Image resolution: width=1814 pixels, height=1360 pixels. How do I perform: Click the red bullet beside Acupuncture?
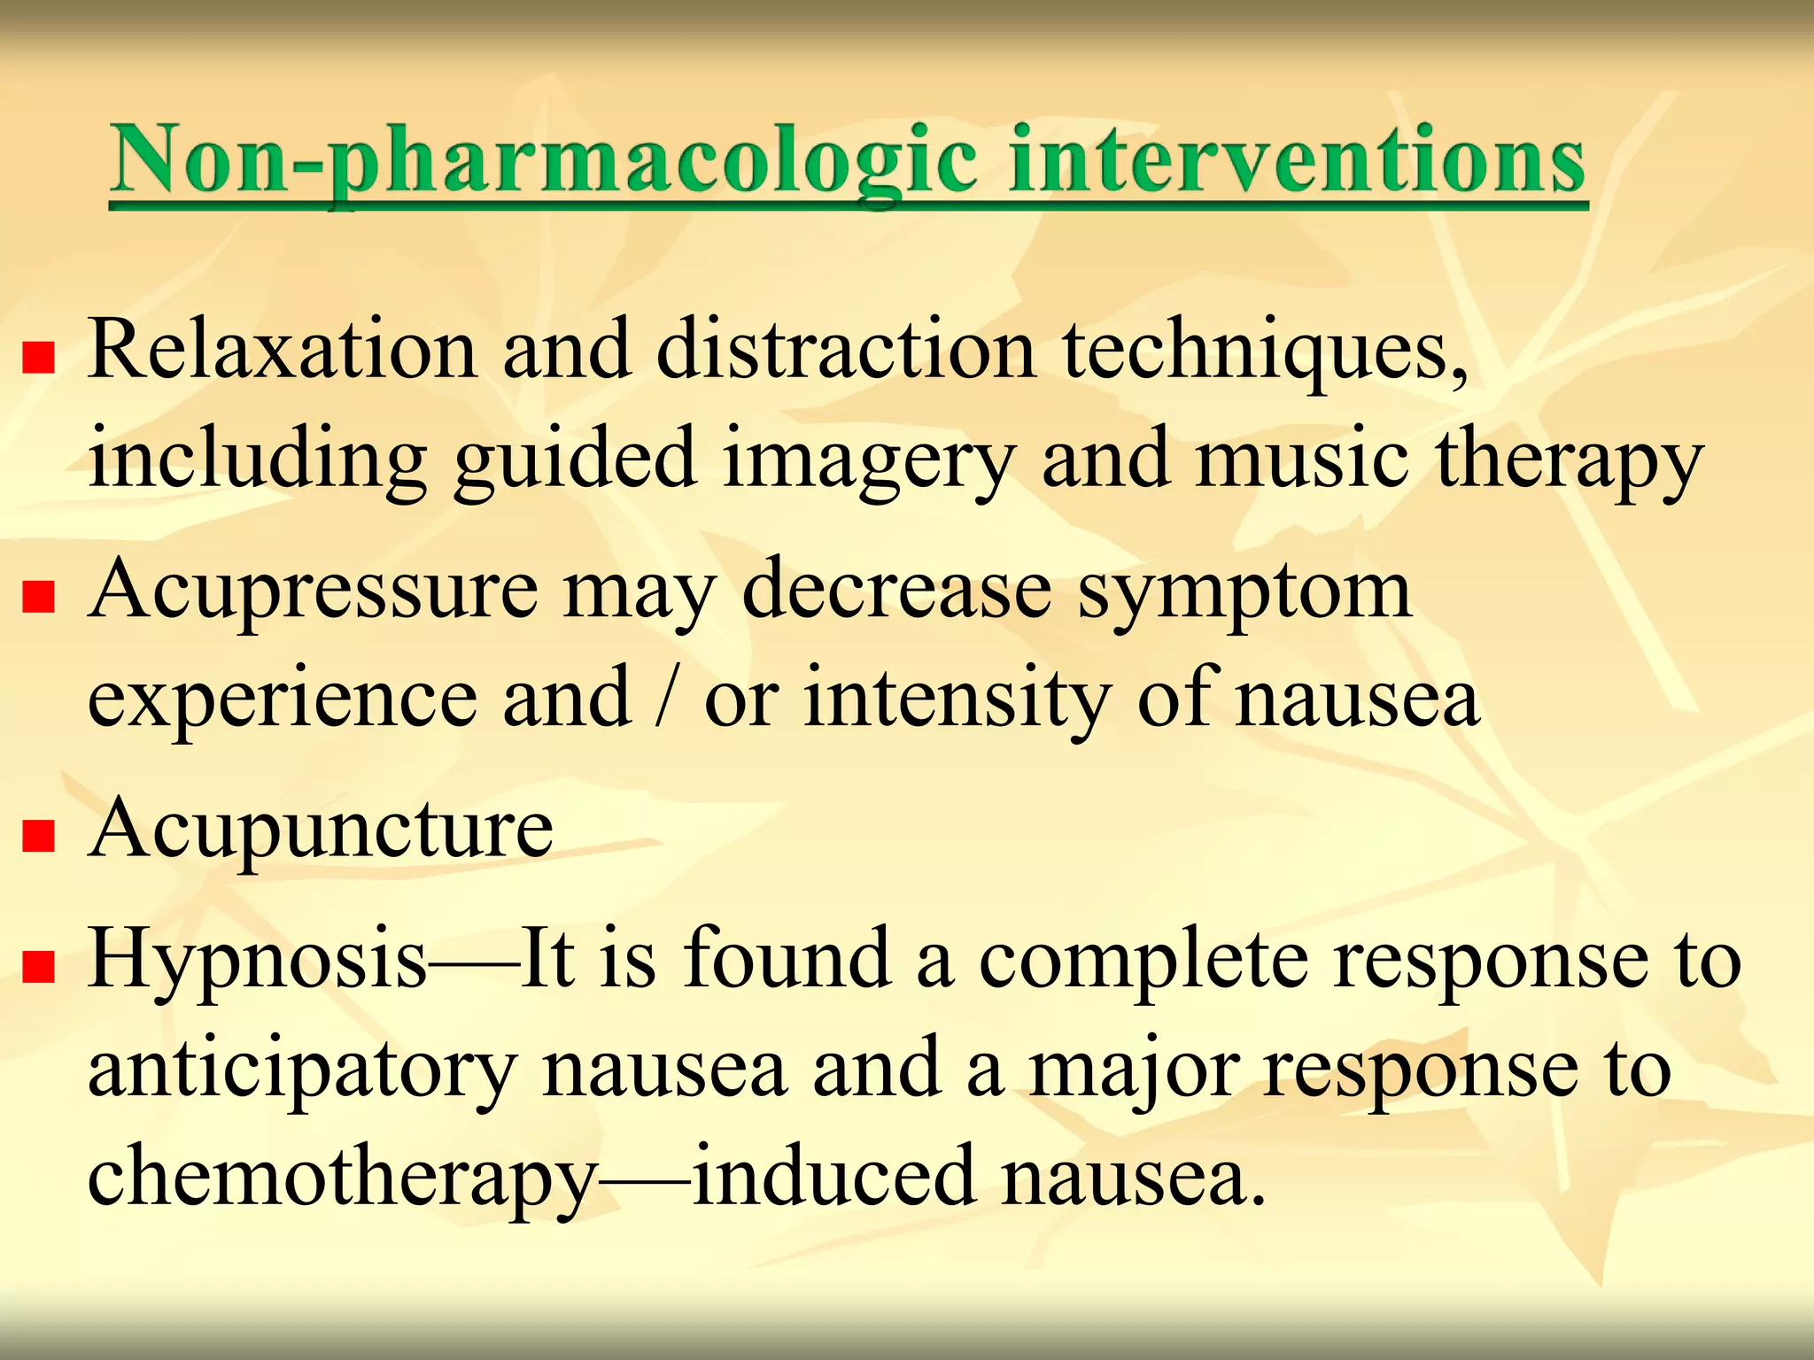[x=39, y=834]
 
